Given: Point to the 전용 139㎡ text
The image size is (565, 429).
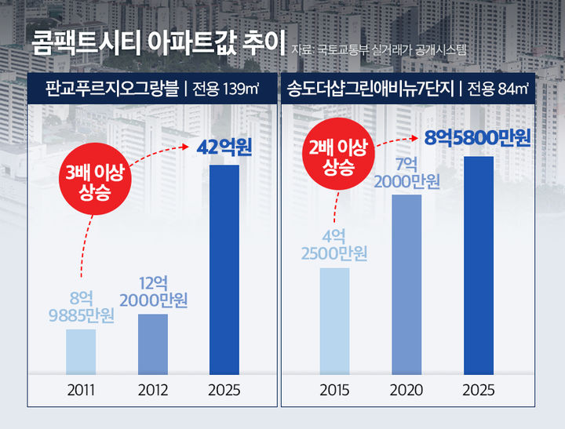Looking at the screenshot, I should [228, 88].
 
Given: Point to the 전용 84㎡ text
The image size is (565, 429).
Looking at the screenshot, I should [497, 88].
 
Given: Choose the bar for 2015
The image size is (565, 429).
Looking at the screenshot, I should [334, 321].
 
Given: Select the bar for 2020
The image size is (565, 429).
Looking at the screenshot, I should [406, 284].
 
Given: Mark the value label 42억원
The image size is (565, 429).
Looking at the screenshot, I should [224, 147].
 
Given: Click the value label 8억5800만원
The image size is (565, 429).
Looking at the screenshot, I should [477, 139].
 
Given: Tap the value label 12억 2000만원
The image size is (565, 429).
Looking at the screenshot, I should [154, 292].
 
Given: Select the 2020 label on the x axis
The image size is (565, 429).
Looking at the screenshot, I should [406, 390].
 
